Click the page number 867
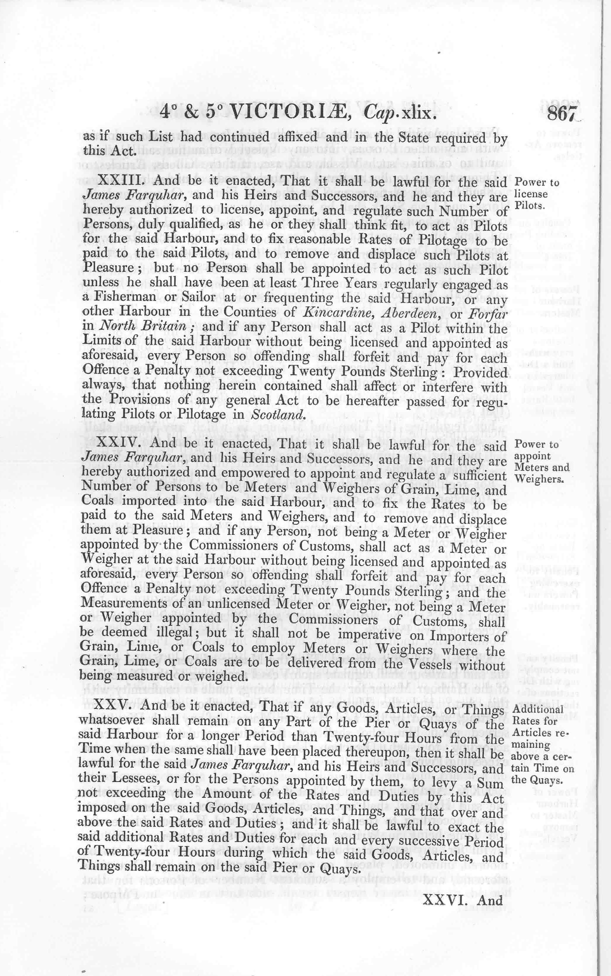[562, 114]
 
